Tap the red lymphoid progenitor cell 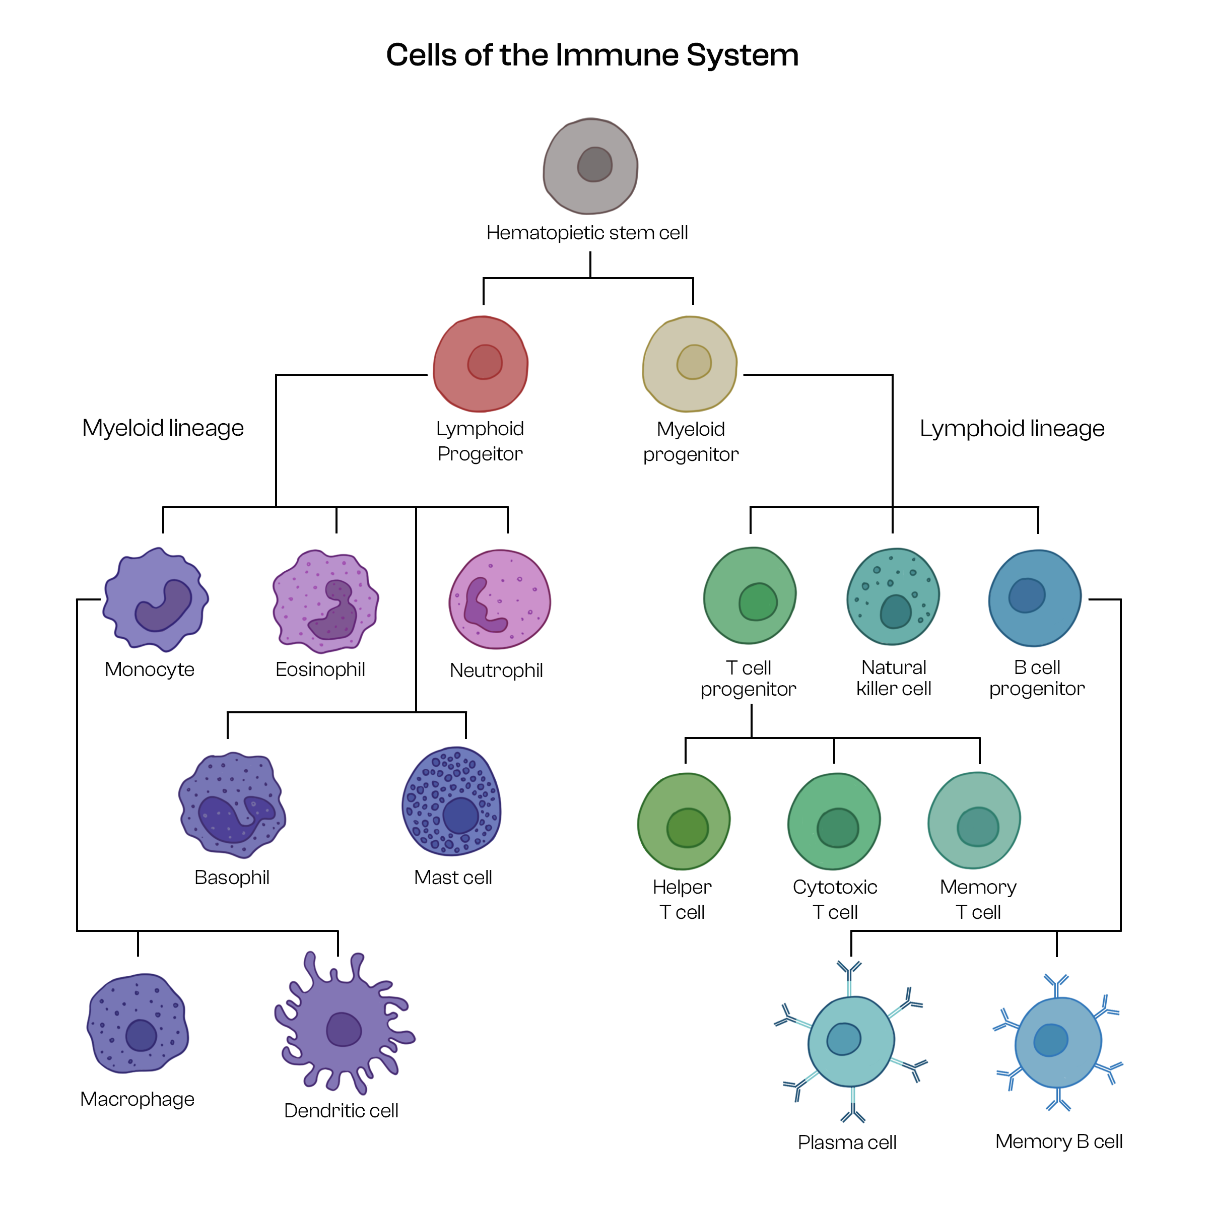(x=481, y=364)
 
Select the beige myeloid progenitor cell (x=690, y=364)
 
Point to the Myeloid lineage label (x=163, y=428)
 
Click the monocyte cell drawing (x=155, y=599)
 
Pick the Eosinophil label (x=320, y=669)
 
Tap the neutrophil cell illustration (x=499, y=599)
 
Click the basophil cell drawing (x=232, y=805)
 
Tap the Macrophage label (x=137, y=1100)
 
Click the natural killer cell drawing (x=893, y=596)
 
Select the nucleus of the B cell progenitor (x=1026, y=594)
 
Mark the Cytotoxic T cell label (x=835, y=899)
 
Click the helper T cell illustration (x=684, y=822)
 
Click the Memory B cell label (x=1059, y=1141)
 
